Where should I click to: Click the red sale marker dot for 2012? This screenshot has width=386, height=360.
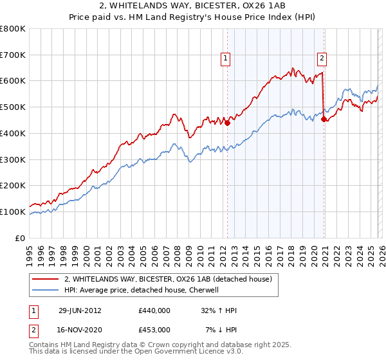pyautogui.click(x=227, y=123)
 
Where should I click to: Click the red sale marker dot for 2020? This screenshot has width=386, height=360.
pyautogui.click(x=323, y=119)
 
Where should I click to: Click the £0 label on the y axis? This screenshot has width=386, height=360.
pyautogui.click(x=20, y=238)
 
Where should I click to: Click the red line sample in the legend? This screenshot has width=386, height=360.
pyautogui.click(x=46, y=279)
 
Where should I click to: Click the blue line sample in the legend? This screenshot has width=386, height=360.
pyautogui.click(x=46, y=290)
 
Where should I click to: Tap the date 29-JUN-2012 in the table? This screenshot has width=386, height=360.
pyautogui.click(x=79, y=310)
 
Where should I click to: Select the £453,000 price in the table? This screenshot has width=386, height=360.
pyautogui.click(x=154, y=329)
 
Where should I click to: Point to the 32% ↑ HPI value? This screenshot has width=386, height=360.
pyautogui.click(x=219, y=310)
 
